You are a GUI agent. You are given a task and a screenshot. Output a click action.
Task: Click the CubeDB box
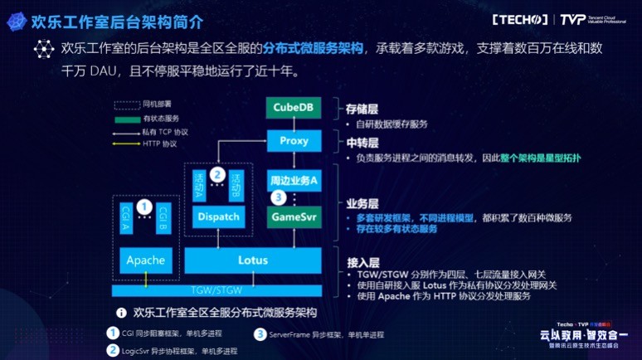point(292,107)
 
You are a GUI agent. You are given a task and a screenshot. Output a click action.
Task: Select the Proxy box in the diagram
point(292,141)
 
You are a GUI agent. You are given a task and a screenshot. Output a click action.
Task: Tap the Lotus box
point(252,260)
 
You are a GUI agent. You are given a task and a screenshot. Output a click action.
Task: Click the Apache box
point(145,260)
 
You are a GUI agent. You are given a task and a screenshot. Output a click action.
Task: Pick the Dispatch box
point(218,217)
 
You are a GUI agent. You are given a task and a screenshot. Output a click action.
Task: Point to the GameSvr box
point(292,217)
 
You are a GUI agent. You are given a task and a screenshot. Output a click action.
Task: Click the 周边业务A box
point(292,180)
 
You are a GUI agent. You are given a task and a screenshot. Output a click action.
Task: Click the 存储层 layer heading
point(362,109)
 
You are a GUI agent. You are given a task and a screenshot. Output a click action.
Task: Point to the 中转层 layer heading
point(362,142)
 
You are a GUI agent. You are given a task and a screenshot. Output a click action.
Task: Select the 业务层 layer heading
point(362,202)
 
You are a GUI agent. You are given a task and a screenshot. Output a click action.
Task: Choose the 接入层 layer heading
point(362,262)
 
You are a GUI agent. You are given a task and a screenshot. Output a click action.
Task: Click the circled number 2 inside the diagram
point(217,174)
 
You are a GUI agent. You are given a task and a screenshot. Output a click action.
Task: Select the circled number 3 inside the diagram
point(279,197)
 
